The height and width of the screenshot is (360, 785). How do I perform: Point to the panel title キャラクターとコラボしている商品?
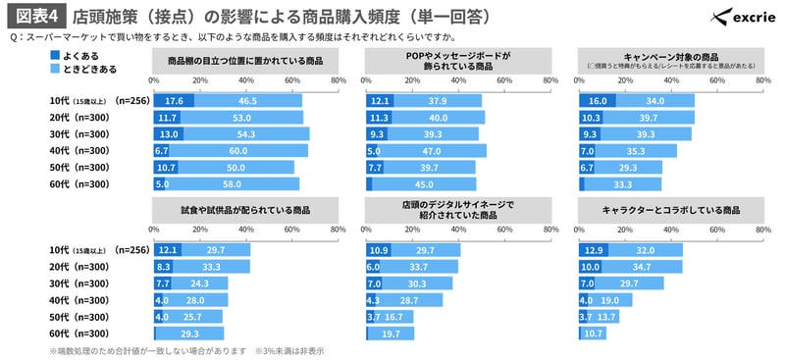click(672, 209)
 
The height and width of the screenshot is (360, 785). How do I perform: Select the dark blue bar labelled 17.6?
click(174, 101)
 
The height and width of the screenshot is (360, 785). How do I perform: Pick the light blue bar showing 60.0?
click(236, 151)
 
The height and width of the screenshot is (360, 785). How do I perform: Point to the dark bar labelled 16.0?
click(597, 101)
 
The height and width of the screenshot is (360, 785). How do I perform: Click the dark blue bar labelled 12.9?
click(594, 250)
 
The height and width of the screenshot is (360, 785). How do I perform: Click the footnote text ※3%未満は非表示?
click(290, 350)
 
